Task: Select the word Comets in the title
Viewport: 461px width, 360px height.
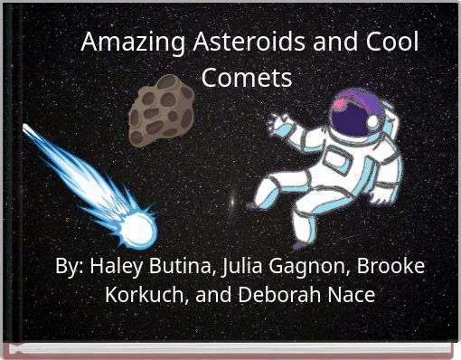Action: pyautogui.click(x=247, y=78)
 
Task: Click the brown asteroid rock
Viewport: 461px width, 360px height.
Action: pyautogui.click(x=162, y=109)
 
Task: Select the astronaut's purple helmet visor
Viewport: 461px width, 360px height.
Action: pyautogui.click(x=349, y=112)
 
